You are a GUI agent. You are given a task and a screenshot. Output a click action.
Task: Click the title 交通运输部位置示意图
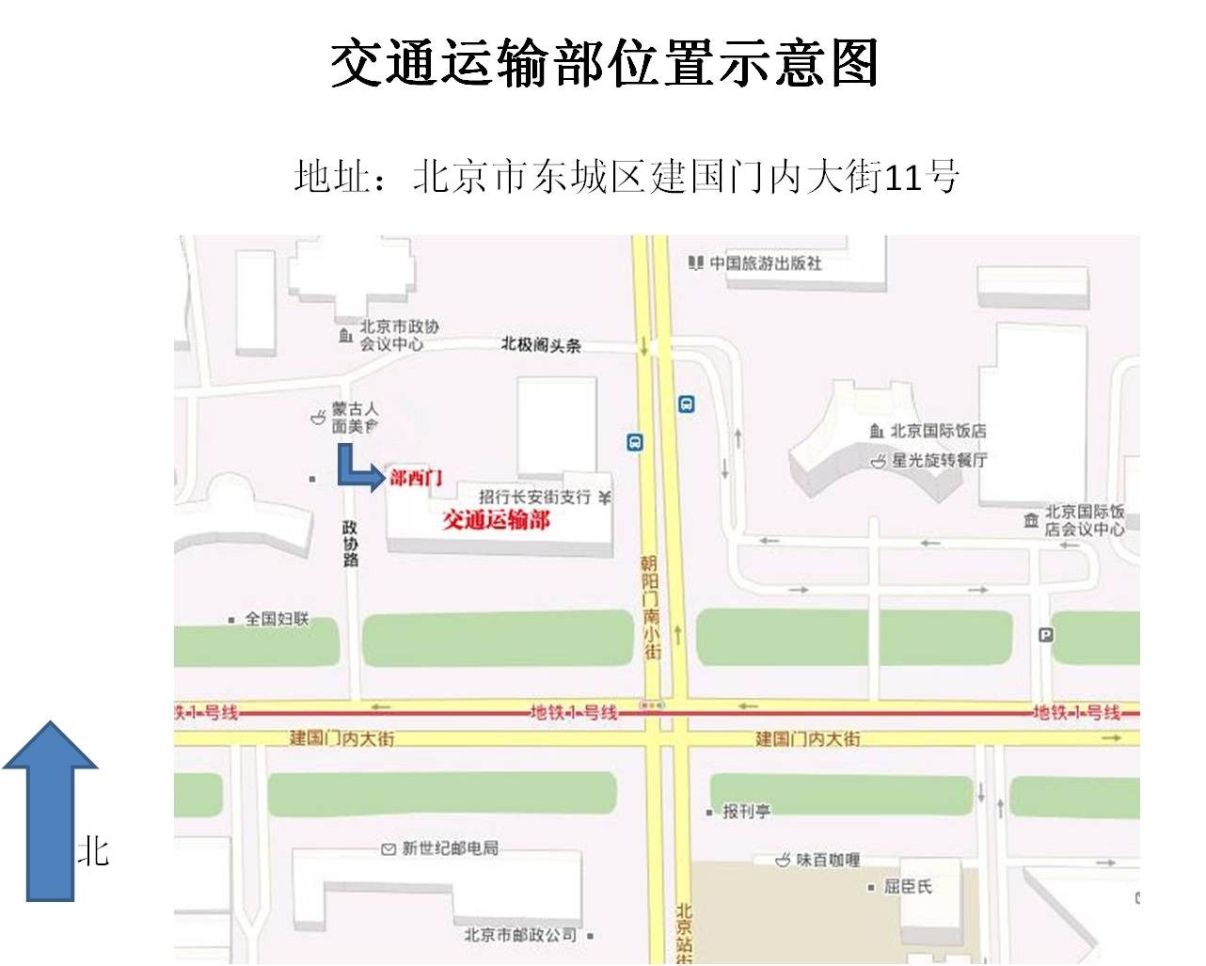pos(603,63)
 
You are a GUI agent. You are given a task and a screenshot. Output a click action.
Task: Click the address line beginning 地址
pos(626,177)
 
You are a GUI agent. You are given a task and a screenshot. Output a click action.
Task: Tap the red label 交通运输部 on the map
pos(496,520)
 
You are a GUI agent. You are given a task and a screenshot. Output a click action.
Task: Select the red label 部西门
pos(416,479)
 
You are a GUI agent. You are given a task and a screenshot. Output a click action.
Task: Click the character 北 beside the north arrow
pos(93,852)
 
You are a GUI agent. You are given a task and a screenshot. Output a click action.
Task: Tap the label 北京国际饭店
pos(938,431)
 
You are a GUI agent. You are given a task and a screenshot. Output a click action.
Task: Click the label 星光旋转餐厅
pos(939,460)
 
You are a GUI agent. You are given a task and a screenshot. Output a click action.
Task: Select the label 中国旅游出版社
pos(765,263)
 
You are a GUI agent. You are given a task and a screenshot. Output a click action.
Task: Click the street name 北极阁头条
pos(541,345)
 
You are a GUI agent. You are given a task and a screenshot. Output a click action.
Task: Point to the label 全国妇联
pos(277,619)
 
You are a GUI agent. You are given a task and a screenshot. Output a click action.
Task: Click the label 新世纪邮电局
pos(450,848)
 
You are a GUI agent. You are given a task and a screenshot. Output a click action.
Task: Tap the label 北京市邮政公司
pos(520,935)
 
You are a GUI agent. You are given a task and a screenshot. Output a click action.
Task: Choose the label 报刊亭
pos(746,811)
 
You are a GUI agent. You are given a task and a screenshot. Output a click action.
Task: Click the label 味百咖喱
pos(828,860)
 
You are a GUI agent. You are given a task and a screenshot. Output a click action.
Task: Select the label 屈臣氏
pos(908,886)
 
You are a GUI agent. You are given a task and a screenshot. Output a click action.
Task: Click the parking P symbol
pos(1046,635)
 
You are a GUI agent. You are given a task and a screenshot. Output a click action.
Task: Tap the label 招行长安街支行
pos(534,497)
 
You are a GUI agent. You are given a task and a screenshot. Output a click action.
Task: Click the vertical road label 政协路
pos(350,544)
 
